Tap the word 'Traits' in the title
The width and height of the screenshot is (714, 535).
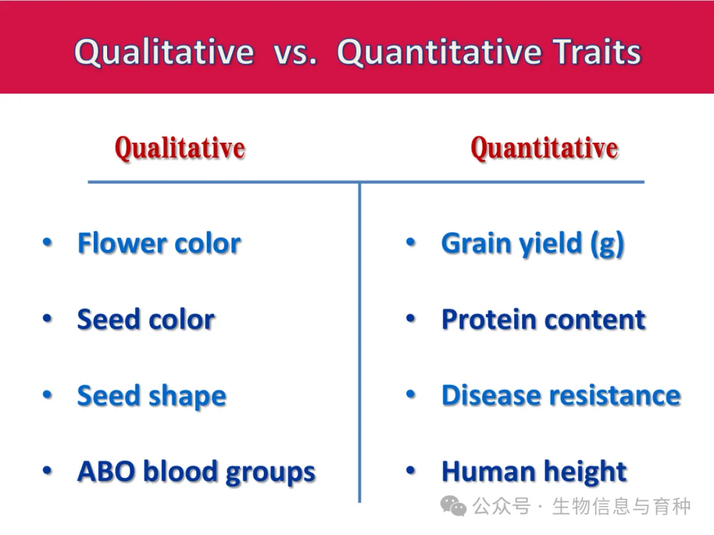coord(597,52)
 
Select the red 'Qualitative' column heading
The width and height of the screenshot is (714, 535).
coord(180,148)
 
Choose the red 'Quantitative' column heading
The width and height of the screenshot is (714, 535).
coord(545,148)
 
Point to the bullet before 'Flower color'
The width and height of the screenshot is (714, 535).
coord(48,242)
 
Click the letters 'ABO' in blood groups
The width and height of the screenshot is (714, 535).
coord(106,472)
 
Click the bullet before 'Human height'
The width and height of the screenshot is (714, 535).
coord(411,470)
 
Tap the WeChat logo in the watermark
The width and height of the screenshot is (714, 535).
coord(453,506)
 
